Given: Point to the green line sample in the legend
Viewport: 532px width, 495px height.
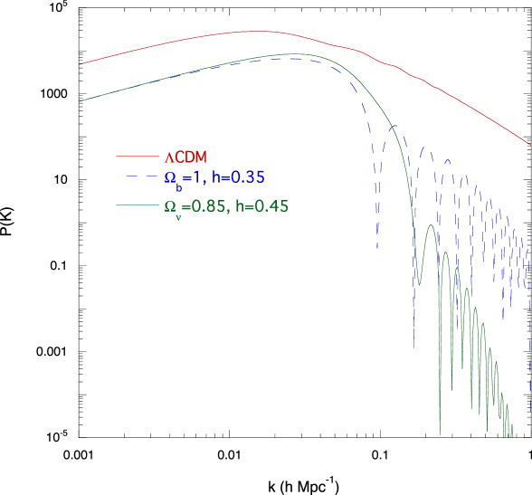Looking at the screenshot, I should (x=133, y=206).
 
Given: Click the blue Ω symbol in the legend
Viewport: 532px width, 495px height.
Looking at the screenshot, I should (x=169, y=177).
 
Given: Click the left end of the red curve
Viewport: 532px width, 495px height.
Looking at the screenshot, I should (x=81, y=64).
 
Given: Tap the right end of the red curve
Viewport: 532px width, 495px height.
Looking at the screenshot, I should (x=530, y=144).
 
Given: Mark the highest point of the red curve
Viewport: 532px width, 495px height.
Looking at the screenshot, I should (x=258, y=31).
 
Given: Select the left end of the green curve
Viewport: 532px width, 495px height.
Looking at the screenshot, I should (x=81, y=101).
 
